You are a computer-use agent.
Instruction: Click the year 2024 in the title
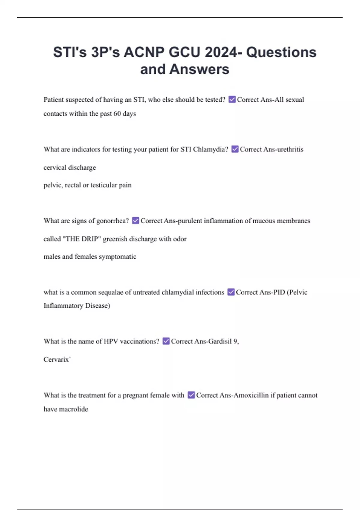221,52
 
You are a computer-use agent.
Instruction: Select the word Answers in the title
199,69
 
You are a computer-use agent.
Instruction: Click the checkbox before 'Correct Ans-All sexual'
232,99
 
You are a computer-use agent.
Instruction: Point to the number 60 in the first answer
117,114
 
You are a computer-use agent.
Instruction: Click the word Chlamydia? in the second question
210,149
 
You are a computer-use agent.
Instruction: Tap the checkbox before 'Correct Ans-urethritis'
235,149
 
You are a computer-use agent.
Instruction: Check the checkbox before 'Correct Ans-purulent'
135,220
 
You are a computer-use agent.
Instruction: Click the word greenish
115,239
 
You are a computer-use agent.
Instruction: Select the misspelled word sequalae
111,292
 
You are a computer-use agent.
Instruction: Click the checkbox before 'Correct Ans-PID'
231,292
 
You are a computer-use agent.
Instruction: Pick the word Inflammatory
63,306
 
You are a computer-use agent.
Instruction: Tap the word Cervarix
56,359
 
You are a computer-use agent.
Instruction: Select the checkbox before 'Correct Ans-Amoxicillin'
191,395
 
